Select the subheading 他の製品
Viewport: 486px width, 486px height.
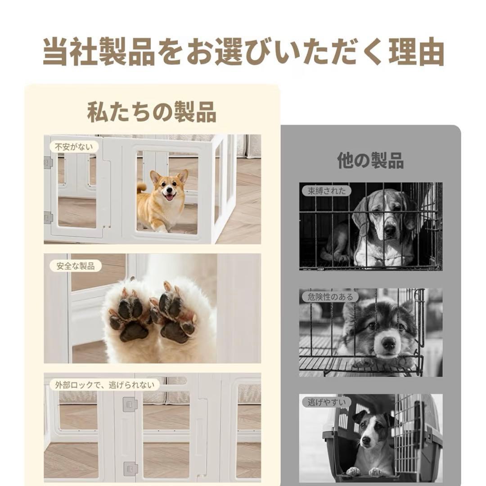point(370,160)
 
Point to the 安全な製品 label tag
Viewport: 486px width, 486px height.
point(76,265)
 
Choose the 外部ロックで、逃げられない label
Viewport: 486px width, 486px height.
point(104,385)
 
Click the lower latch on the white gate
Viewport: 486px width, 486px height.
point(130,469)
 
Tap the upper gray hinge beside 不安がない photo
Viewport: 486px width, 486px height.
point(48,162)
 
